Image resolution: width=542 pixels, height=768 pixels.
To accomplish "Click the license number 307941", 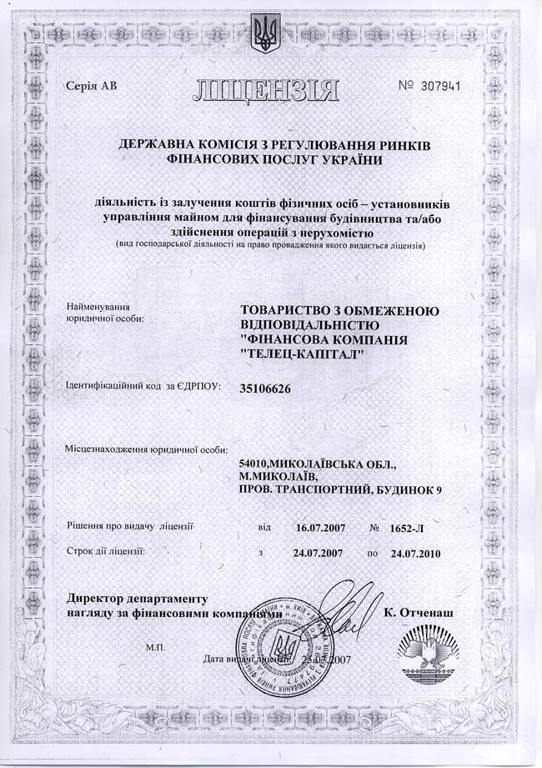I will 433,86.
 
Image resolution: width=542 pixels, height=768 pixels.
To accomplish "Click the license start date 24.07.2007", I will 319,553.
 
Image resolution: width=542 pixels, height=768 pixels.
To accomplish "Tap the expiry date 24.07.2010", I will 414,553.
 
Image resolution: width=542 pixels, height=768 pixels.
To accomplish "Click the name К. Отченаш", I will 419,613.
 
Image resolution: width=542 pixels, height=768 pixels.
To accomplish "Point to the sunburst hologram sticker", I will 430,646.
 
